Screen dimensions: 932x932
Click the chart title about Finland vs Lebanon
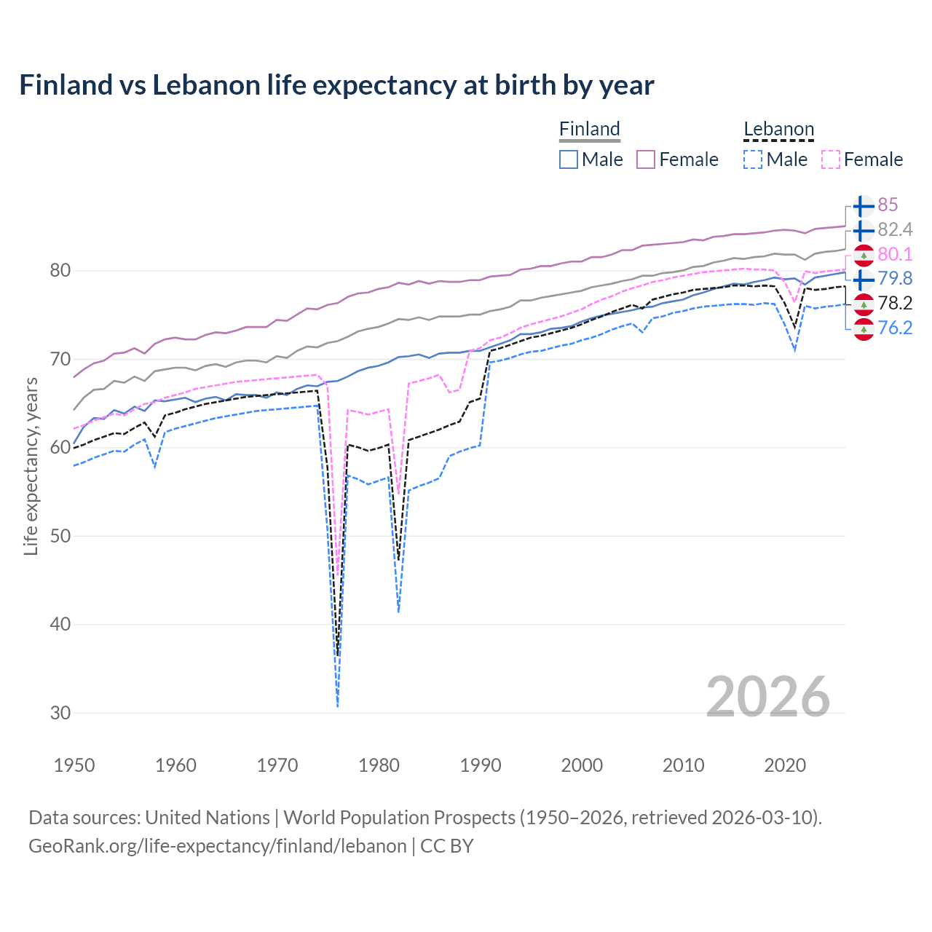point(336,85)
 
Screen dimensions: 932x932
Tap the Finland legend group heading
point(589,129)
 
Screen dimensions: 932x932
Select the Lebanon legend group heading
point(778,129)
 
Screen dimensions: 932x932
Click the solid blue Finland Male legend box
point(569,159)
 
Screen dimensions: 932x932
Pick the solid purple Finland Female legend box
point(647,159)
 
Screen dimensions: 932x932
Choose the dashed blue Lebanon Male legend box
point(754,159)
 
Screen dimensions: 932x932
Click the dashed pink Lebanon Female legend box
point(831,159)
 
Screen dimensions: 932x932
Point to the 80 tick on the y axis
point(60,271)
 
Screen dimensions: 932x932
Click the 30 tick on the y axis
point(60,713)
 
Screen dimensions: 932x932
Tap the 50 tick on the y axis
point(60,536)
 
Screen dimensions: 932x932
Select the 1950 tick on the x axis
point(74,765)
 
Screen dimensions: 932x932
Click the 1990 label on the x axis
point(481,765)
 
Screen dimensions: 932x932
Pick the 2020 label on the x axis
point(785,765)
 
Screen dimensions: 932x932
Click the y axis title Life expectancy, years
point(31,466)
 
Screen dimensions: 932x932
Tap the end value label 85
point(888,205)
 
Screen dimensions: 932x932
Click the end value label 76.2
point(895,328)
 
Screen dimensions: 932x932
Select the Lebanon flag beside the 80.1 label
point(864,255)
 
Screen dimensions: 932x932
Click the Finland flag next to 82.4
point(864,230)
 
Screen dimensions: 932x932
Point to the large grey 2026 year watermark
point(767,697)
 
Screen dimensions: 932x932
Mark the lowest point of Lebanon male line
point(338,706)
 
